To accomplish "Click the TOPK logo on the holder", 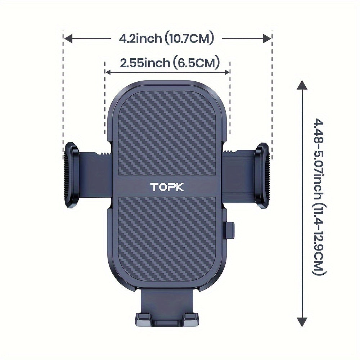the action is click(167, 187).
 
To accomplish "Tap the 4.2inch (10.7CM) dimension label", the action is click(166, 39).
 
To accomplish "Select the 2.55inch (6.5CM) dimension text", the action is click(170, 63).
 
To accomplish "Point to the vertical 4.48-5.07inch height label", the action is click(319, 197).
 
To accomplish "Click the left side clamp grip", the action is click(71, 175).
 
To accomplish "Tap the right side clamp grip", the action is click(262, 175).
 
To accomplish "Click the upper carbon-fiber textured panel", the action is click(167, 133).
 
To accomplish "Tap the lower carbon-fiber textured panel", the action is click(167, 239).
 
